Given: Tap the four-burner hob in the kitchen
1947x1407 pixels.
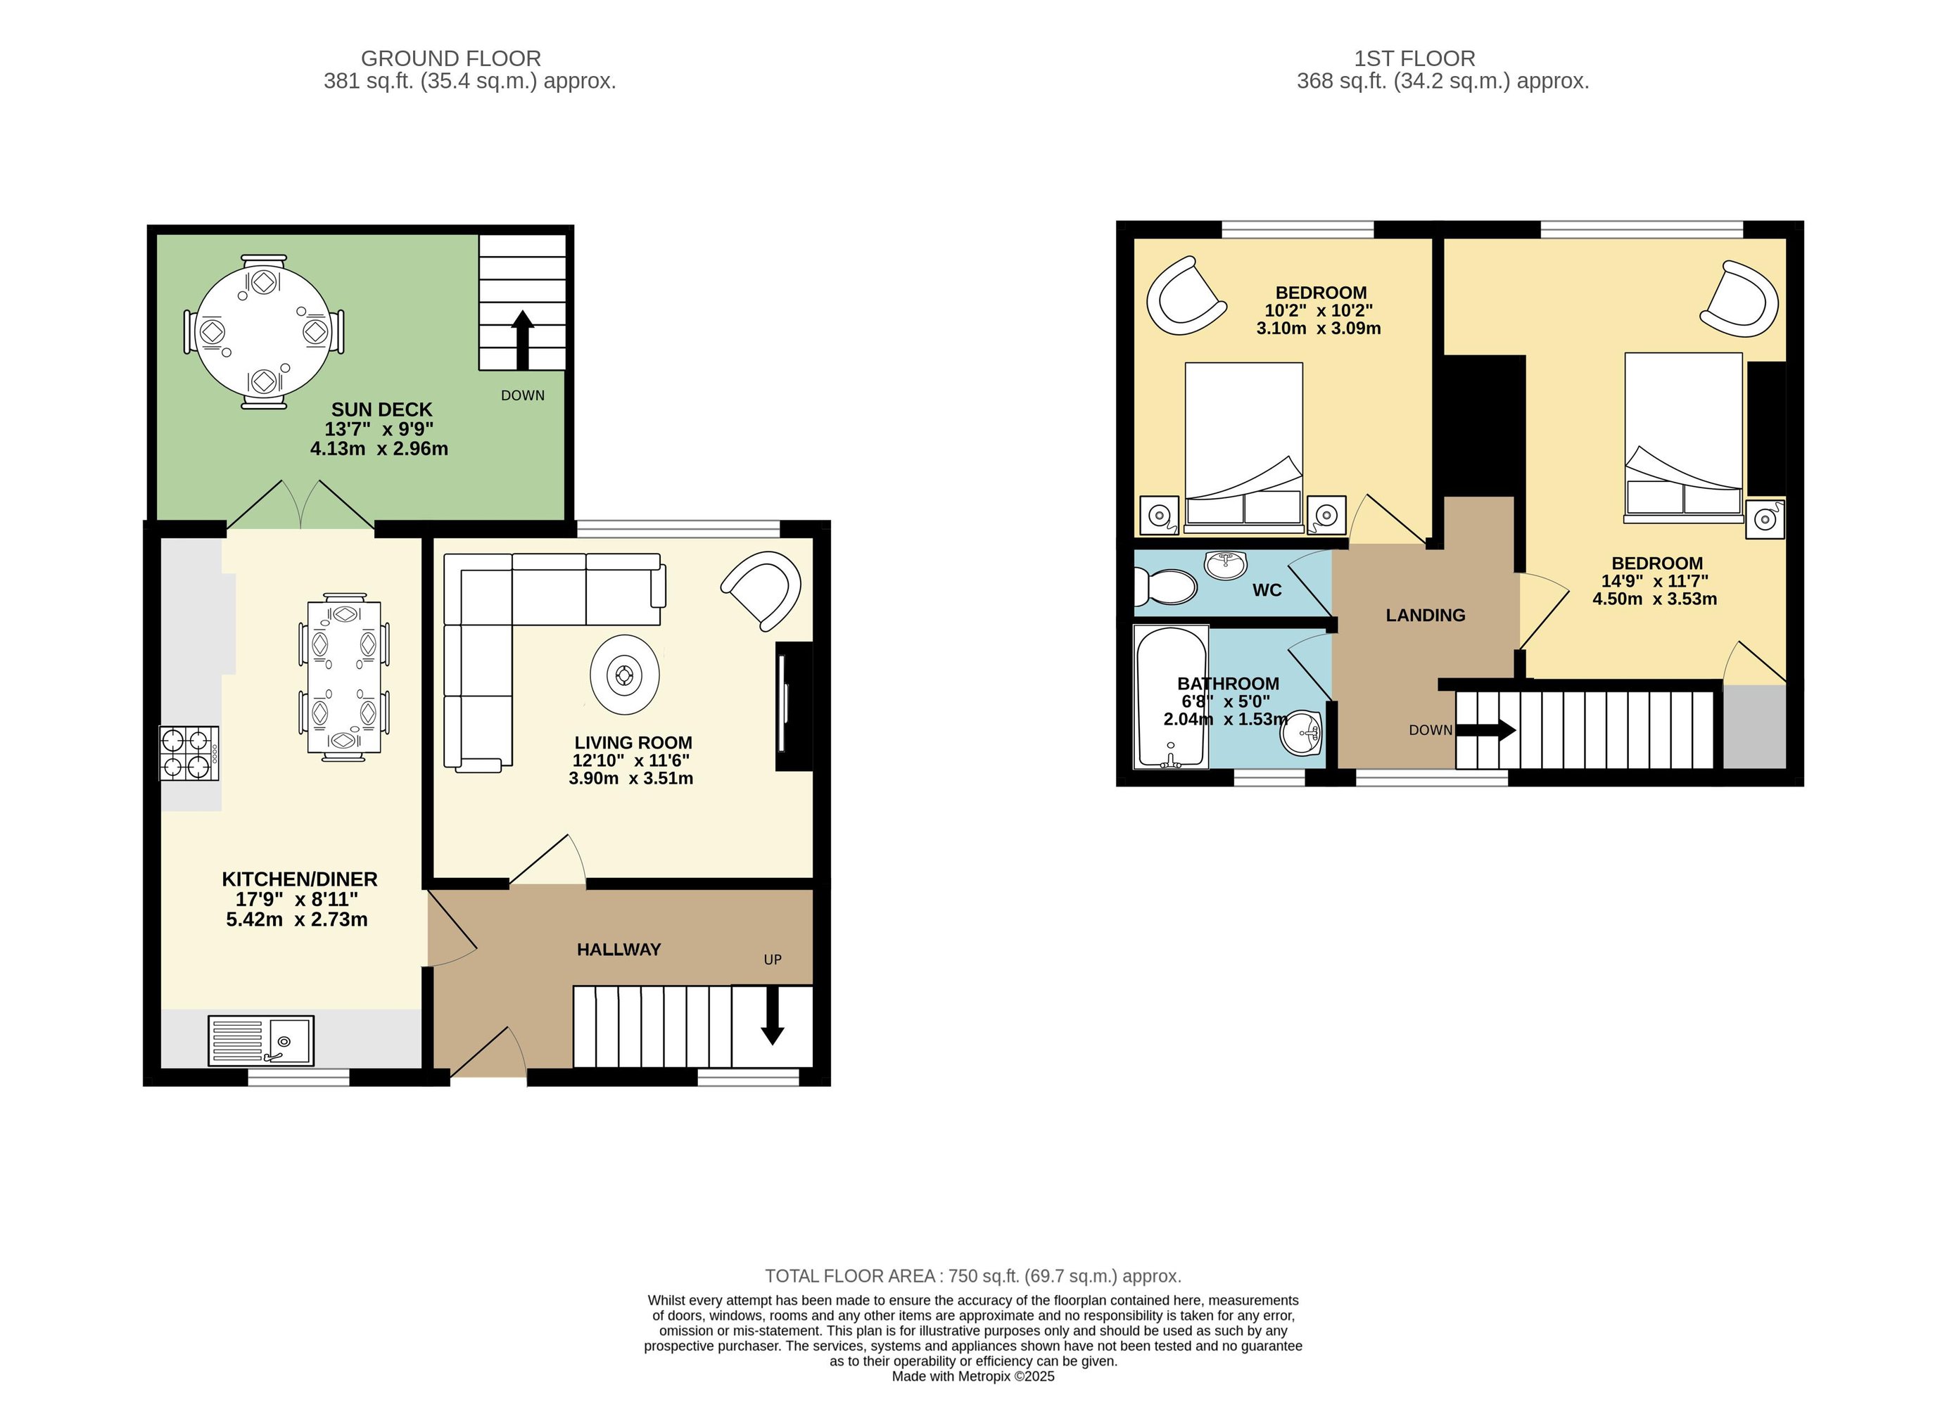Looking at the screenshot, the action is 189,753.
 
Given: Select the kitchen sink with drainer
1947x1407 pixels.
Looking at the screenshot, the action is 261,1040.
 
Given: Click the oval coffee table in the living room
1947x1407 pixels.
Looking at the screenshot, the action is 624,675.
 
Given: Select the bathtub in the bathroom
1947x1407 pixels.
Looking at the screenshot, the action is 1171,696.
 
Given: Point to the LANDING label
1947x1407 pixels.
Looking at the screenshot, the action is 1425,615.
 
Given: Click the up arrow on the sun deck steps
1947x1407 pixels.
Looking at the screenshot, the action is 522,340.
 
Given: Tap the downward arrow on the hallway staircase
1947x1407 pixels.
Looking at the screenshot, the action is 773,1017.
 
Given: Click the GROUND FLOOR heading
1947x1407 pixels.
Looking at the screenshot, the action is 451,58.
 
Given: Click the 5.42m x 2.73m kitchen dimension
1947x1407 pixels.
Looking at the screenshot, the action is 297,919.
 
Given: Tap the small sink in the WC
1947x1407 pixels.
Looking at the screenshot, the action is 1226,563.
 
